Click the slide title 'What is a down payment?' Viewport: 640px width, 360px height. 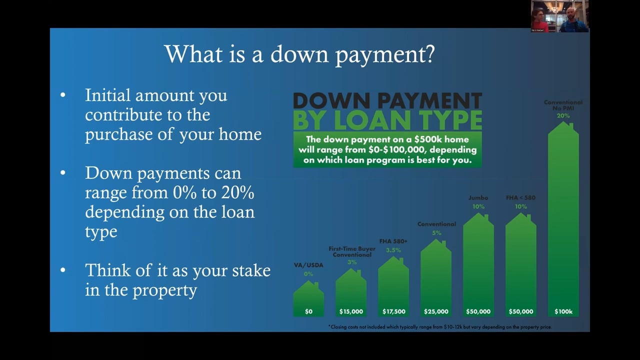click(x=299, y=54)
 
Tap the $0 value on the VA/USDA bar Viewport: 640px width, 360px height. click(x=308, y=311)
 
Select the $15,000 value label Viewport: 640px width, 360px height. click(x=351, y=311)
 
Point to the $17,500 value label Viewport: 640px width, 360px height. click(x=393, y=311)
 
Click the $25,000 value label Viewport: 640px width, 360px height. click(x=436, y=311)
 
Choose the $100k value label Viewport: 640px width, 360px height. click(x=563, y=311)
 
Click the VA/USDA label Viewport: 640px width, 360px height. click(x=308, y=265)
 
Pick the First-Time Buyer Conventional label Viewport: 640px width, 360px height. click(x=352, y=251)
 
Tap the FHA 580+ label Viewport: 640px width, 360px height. click(x=393, y=241)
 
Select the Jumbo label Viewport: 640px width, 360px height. click(x=478, y=197)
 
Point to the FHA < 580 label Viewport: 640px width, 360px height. click(x=520, y=197)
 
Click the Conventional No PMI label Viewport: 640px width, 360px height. click(x=563, y=105)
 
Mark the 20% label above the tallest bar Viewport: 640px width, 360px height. click(x=563, y=116)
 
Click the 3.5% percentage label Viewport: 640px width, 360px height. click(x=393, y=250)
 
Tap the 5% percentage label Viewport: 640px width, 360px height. click(x=436, y=233)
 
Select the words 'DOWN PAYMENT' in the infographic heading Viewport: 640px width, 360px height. click(x=387, y=101)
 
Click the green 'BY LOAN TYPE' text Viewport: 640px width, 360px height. click(x=387, y=120)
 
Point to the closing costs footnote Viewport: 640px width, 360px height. click(x=439, y=327)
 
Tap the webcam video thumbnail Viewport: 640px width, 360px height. click(x=559, y=16)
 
